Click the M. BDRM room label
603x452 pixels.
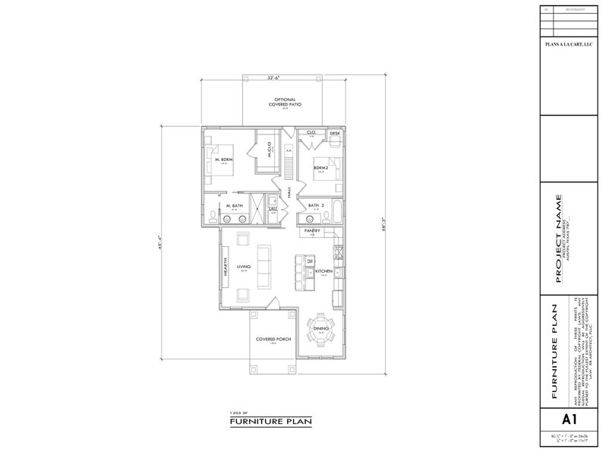223,160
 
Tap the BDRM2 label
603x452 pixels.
320,167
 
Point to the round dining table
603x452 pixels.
321,329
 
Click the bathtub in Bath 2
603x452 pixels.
338,206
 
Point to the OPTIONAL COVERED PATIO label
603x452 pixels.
276,101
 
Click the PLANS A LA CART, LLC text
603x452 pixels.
567,46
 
